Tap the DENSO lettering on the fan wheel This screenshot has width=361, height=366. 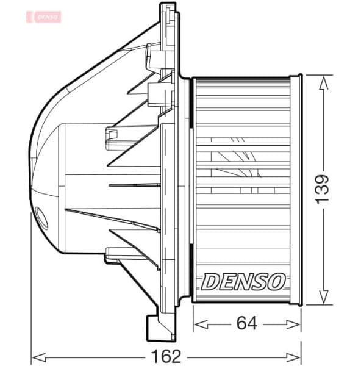(243, 281)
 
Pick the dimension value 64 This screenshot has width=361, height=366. (246, 324)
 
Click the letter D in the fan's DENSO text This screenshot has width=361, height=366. (210, 281)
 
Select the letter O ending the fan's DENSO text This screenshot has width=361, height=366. (275, 281)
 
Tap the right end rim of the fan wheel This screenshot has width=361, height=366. (296, 188)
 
